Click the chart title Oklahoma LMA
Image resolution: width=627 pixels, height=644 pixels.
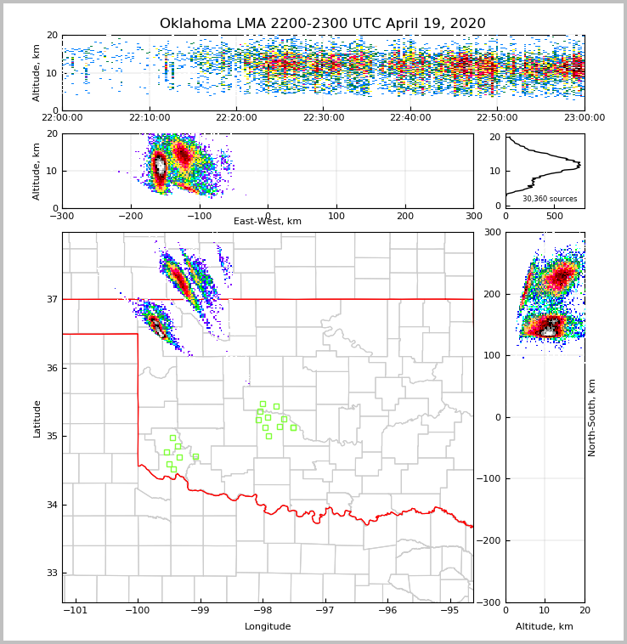pyautogui.click(x=323, y=24)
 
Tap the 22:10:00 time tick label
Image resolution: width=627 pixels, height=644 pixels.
pyautogui.click(x=149, y=118)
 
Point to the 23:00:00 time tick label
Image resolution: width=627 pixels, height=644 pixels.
pyautogui.click(x=584, y=118)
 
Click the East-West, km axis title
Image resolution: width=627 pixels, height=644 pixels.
pyautogui.click(x=268, y=222)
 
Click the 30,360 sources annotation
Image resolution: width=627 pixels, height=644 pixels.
pyautogui.click(x=550, y=199)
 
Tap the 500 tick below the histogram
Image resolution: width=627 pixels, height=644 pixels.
pyautogui.click(x=555, y=217)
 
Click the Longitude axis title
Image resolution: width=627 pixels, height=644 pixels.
pyautogui.click(x=268, y=627)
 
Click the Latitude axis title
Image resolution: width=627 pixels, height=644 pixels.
pyautogui.click(x=37, y=418)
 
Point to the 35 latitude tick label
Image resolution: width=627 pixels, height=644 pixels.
pyautogui.click(x=50, y=437)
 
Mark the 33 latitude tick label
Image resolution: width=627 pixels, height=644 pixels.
pyautogui.click(x=50, y=573)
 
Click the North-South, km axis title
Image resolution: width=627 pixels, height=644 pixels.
pyautogui.click(x=592, y=417)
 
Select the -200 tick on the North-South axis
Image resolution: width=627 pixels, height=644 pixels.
pyautogui.click(x=490, y=541)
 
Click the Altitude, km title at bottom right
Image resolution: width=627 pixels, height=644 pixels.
pyautogui.click(x=545, y=627)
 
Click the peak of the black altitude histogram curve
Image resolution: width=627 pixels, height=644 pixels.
pyautogui.click(x=579, y=162)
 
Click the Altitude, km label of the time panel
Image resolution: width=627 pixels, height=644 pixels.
pyautogui.click(x=37, y=73)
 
